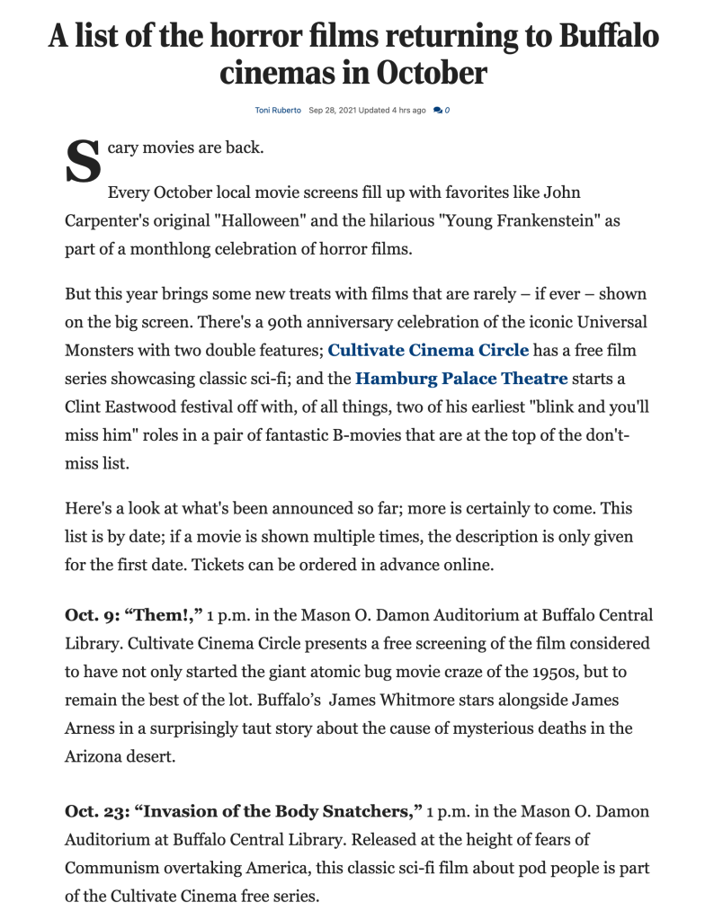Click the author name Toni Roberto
tap(278, 110)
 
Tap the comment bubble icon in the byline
tap(437, 110)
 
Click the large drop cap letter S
tap(83, 162)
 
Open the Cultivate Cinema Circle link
tap(428, 350)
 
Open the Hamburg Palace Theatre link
tap(461, 379)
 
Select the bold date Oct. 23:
tap(98, 812)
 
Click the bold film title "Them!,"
tap(168, 616)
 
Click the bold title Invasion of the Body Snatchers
tap(279, 812)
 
